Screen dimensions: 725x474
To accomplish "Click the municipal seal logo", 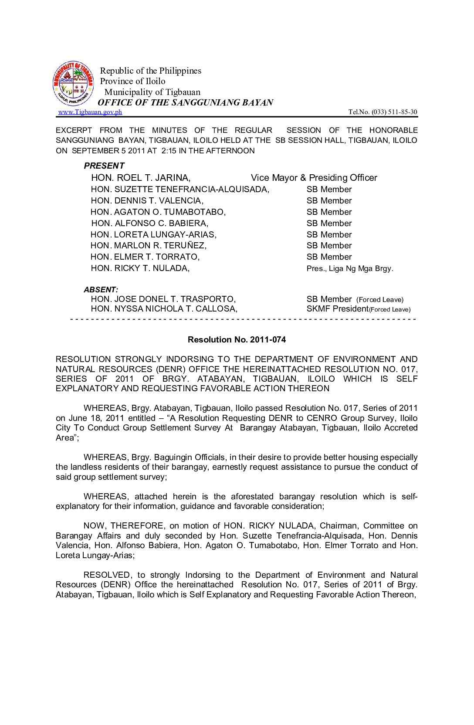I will (x=73, y=83).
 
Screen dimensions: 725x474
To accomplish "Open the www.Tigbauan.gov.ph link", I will (x=90, y=112).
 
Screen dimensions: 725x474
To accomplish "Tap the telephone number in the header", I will (x=383, y=112).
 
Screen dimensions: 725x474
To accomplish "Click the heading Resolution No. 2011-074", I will (x=237, y=339).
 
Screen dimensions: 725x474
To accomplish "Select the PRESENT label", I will (x=104, y=166).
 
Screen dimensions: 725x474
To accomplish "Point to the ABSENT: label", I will (x=101, y=290).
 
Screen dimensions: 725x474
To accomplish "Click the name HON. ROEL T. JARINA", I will (x=141, y=178).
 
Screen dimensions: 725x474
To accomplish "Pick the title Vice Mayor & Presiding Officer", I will (x=314, y=178).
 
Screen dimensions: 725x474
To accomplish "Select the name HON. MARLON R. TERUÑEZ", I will (x=149, y=246).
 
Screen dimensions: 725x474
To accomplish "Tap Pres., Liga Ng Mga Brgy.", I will (x=350, y=268).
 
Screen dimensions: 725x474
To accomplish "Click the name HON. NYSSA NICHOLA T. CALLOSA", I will (x=164, y=309).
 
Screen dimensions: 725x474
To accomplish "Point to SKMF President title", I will (x=337, y=309).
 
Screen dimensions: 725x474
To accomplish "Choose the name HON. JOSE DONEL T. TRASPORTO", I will (x=163, y=299).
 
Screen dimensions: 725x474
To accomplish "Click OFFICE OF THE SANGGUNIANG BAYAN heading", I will (x=185, y=103).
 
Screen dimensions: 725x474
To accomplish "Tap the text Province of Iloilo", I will (x=132, y=81).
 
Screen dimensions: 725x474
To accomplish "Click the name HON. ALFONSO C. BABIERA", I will (x=150, y=224).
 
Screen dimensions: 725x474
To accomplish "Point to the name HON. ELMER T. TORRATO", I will (x=145, y=257).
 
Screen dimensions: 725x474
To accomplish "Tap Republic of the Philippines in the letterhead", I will (x=151, y=71).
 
